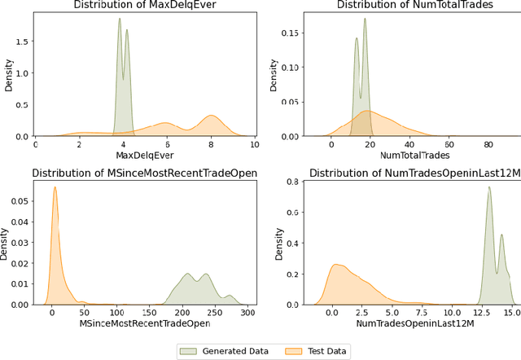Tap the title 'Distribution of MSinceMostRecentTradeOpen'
coord(137,173)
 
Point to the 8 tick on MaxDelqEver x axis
coord(211,144)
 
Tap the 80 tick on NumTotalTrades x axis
coord(488,144)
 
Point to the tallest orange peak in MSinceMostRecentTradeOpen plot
coord(55,187)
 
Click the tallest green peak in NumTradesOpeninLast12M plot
coord(488,188)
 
